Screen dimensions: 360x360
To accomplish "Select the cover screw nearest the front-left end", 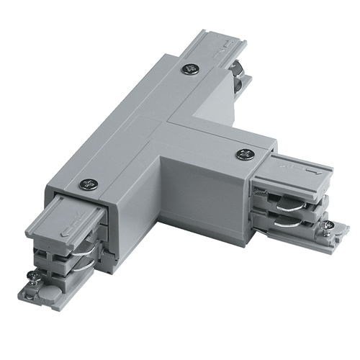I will coord(89,184).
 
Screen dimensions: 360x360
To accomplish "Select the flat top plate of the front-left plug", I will coord(72,223).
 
